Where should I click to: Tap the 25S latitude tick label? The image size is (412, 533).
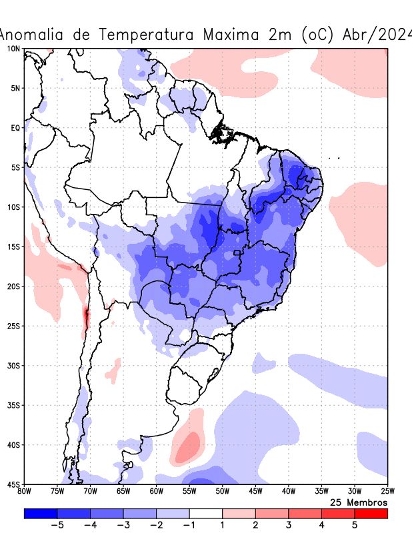coord(14,326)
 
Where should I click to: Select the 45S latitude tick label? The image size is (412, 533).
coord(14,484)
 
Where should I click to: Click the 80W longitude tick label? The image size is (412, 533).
coord(24,492)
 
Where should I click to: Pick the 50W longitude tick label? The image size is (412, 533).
coord(222,492)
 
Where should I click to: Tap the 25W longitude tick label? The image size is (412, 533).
coord(387,492)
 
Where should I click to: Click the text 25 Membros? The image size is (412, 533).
coord(359,502)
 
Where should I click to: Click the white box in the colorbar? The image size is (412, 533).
coord(206,514)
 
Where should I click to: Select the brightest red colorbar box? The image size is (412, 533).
coord(371,514)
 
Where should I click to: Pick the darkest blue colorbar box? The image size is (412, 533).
coord(40,514)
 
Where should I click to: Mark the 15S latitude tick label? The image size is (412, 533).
coord(14,247)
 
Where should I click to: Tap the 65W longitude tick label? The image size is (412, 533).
coord(123,492)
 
